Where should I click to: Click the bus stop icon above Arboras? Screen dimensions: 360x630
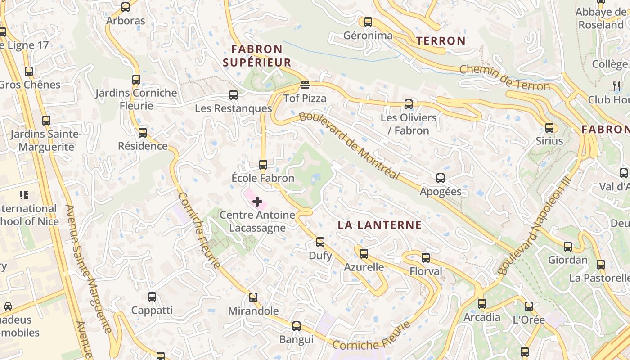click(126, 7)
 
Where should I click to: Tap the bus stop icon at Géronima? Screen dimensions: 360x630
click(368, 22)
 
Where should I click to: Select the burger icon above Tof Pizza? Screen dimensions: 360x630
click(305, 85)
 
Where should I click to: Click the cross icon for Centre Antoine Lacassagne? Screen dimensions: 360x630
click(257, 202)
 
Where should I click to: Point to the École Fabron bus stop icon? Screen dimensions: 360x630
click(263, 165)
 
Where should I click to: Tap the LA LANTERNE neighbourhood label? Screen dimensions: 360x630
click(380, 225)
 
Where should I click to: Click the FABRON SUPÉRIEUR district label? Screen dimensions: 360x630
click(257, 55)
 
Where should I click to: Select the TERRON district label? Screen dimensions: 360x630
click(441, 41)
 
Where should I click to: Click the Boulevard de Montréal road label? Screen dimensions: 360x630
click(349, 146)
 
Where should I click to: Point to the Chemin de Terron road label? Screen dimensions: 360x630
click(504, 78)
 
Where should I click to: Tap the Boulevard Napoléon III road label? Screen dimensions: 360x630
click(535, 225)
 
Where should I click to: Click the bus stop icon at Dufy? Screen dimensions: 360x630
click(320, 242)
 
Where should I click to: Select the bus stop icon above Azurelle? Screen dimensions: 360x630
click(364, 253)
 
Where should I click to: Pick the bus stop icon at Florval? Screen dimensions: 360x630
click(426, 258)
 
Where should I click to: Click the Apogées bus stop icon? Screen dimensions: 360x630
click(441, 178)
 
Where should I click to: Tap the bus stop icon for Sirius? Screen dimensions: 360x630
click(549, 127)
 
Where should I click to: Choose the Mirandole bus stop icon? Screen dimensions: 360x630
click(253, 297)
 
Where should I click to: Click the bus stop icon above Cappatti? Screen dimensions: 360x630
click(152, 297)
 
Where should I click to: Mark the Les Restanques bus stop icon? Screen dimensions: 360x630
click(234, 95)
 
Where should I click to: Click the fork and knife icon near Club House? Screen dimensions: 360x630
click(616, 85)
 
